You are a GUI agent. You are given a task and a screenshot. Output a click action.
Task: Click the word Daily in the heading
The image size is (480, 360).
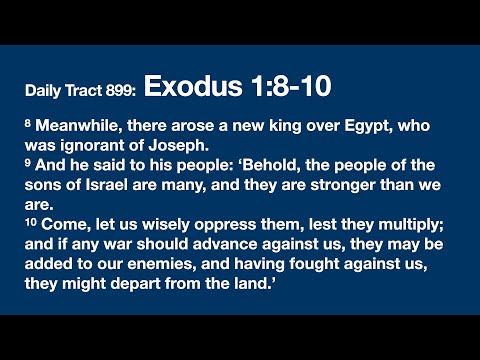(x=44, y=92)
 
